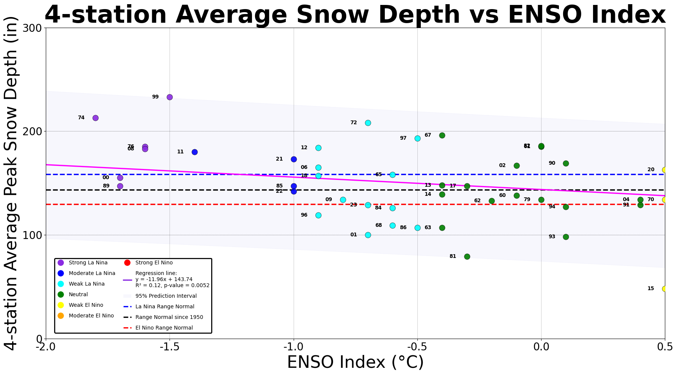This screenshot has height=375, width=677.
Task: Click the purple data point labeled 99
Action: (170, 97)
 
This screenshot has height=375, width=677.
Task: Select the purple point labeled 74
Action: (95, 118)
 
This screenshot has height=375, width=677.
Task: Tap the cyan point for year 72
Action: (368, 123)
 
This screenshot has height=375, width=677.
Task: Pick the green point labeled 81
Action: (467, 256)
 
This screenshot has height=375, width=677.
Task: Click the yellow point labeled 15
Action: (665, 289)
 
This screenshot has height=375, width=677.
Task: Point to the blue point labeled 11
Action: (195, 152)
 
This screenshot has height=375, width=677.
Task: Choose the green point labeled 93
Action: (566, 237)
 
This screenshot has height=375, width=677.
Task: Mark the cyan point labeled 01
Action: (368, 235)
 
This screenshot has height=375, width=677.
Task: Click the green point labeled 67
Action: (442, 135)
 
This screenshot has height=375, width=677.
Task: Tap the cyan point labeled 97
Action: (417, 138)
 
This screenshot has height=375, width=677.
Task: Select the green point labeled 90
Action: (566, 163)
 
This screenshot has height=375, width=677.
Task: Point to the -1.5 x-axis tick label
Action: (170, 347)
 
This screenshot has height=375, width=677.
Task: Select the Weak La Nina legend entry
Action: (86, 284)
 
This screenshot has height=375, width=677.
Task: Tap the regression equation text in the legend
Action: (172, 279)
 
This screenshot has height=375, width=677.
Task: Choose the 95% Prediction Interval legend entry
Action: (166, 296)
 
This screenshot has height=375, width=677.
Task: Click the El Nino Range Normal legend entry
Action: (164, 328)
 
